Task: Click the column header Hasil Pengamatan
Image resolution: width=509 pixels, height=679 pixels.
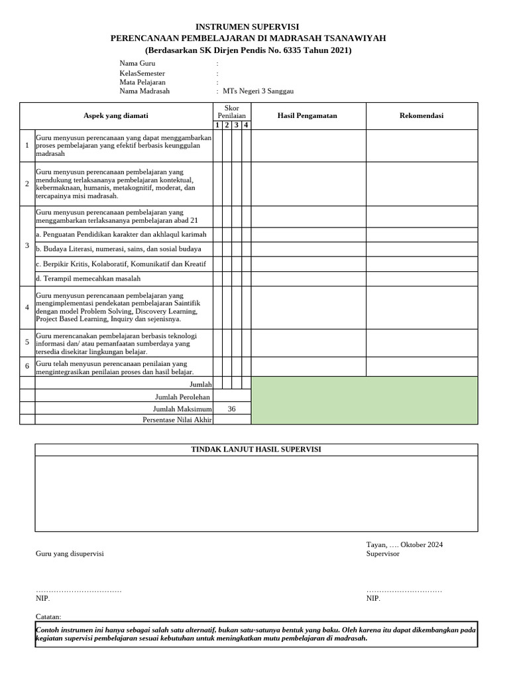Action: click(307, 115)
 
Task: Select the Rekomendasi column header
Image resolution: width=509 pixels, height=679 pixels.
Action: click(422, 115)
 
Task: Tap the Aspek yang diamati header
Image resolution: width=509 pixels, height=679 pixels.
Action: click(115, 115)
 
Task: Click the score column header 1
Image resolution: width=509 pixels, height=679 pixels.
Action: click(217, 125)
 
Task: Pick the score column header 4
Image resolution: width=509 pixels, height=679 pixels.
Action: click(246, 125)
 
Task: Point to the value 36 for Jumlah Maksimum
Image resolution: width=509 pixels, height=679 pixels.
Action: click(231, 409)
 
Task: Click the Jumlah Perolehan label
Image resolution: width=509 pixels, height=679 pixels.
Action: click(183, 397)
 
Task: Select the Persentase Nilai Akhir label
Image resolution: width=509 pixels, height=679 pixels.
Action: click(177, 420)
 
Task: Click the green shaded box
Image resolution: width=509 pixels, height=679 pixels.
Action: click(363, 401)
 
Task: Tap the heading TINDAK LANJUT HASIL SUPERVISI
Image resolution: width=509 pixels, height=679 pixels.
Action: click(255, 450)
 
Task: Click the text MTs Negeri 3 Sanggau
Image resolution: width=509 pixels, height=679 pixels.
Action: click(258, 92)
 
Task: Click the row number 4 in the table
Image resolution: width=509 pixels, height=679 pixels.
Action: click(27, 308)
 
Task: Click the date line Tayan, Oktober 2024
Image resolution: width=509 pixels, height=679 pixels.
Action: click(404, 544)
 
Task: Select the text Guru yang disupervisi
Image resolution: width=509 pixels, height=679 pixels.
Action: click(70, 553)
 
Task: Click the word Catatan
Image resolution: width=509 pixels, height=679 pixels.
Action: click(48, 616)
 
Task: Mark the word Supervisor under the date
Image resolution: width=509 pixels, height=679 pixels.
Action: click(383, 553)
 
